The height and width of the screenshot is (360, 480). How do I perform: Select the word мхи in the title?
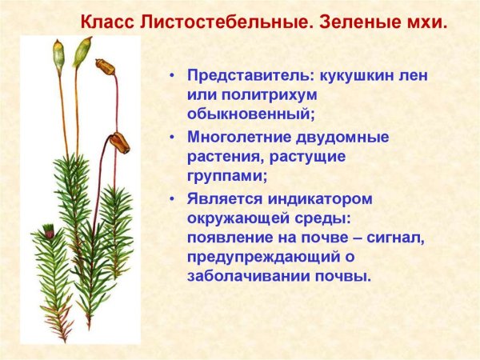[424, 18]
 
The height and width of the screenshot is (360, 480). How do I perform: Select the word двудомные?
[351, 137]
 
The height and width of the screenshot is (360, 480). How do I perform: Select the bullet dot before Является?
[171, 198]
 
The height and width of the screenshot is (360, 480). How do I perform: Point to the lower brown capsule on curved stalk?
[119, 142]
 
